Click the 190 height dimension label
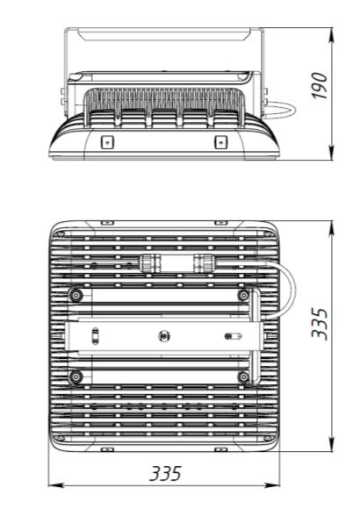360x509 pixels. click(x=319, y=85)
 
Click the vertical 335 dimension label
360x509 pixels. click(x=320, y=324)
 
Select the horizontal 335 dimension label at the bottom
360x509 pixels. click(x=165, y=474)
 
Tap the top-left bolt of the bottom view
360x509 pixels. click(x=76, y=295)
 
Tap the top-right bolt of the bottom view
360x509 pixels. click(x=243, y=295)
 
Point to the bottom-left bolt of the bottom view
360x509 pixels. click(x=76, y=376)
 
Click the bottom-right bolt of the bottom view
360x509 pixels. click(x=243, y=376)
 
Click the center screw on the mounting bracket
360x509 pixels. click(x=164, y=335)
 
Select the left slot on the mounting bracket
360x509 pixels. click(x=95, y=335)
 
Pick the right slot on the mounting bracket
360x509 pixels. click(x=234, y=336)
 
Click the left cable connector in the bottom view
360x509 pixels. click(x=149, y=263)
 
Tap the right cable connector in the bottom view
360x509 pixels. click(x=205, y=263)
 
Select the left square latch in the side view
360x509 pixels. click(x=107, y=142)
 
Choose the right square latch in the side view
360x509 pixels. click(x=220, y=142)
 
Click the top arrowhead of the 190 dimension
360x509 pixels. click(x=331, y=35)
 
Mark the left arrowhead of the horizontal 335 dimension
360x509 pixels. click(x=55, y=485)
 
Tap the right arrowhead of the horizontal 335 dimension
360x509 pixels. click(x=272, y=485)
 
